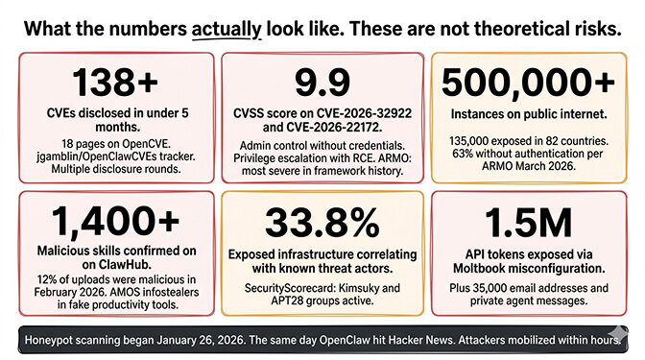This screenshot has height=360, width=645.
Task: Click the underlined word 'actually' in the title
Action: coord(227,28)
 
